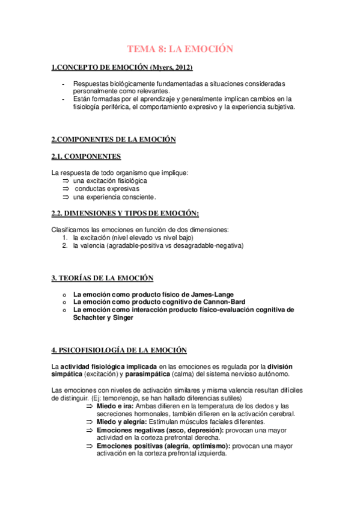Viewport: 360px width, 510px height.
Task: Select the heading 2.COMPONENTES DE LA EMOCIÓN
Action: pos(114,140)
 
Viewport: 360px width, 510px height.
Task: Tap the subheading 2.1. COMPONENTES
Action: pos(87,157)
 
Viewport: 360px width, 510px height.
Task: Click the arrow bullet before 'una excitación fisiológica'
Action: pos(66,181)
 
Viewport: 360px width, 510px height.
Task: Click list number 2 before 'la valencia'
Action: pos(65,245)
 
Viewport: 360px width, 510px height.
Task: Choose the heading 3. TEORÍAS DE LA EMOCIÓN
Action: pos(102,278)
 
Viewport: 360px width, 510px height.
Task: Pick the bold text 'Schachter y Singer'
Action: pos(103,318)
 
